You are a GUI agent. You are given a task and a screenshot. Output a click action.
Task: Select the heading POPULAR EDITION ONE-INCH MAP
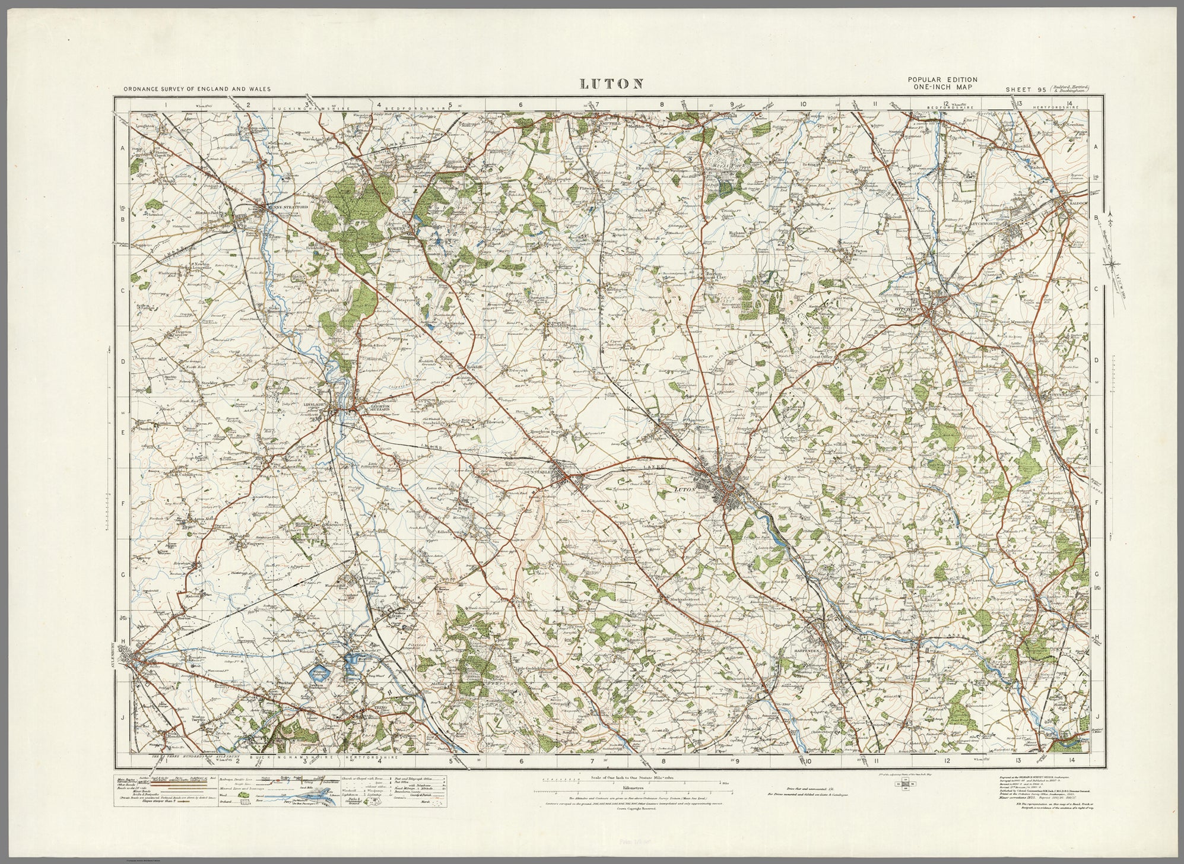click(942, 83)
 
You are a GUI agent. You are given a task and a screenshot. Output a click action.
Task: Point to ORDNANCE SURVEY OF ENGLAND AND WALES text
click(197, 89)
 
